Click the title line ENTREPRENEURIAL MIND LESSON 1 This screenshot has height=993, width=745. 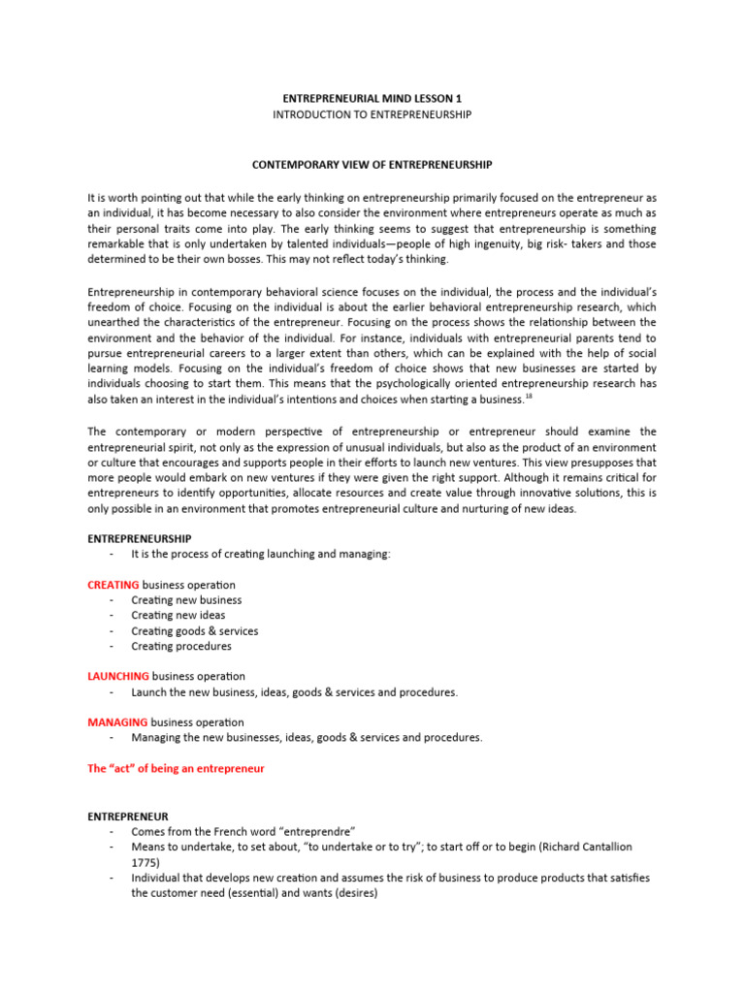click(372, 99)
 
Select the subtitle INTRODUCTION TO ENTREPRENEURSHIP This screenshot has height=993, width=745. click(372, 114)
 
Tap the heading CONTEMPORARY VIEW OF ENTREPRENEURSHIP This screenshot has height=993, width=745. click(372, 165)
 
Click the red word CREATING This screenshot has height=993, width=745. click(113, 585)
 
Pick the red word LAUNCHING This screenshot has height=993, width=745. click(118, 676)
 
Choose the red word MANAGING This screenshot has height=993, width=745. click(117, 722)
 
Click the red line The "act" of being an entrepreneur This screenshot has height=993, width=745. click(176, 768)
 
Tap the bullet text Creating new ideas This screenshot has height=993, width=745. click(178, 615)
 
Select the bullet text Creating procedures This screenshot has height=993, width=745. click(181, 646)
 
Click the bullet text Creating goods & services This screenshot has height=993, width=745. click(195, 630)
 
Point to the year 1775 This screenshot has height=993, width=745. click(146, 862)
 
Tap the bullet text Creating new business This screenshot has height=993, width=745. click(187, 600)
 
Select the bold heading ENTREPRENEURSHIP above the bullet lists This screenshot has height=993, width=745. click(140, 538)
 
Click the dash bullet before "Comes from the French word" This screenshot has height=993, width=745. click(113, 832)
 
